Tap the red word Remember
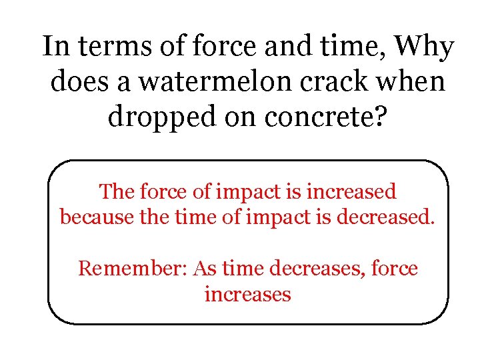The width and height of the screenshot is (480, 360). tap(133, 269)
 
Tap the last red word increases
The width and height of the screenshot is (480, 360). tap(247, 294)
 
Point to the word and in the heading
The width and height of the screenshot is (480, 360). tap(288, 48)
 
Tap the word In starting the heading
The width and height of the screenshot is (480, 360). tap(55, 48)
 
